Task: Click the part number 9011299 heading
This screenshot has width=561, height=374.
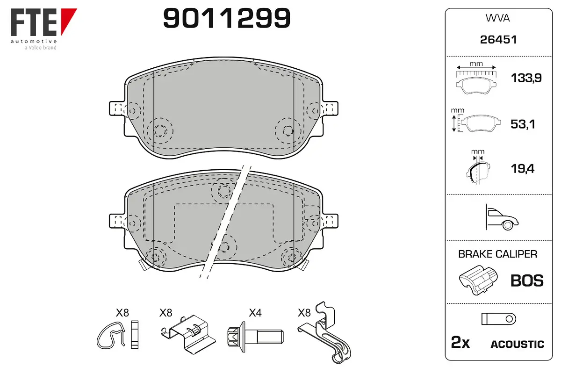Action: pos(227,18)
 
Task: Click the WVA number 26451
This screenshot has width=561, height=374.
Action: pos(498,40)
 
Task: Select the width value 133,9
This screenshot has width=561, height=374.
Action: pos(526,78)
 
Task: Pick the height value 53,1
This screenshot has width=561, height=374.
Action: pos(523,124)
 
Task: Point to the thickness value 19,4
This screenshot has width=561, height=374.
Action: pos(523,169)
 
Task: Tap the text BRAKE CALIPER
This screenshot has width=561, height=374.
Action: pos(497,254)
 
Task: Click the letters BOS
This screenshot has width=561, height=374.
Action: pos(527,280)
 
